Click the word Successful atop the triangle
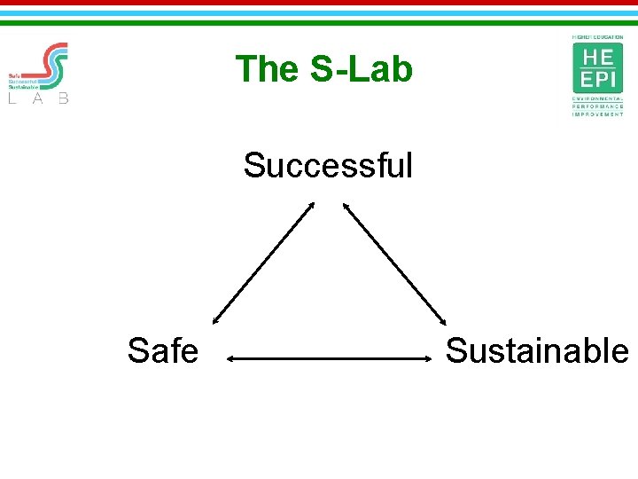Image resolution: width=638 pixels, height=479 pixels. (328, 165)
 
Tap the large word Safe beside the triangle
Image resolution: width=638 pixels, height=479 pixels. (162, 351)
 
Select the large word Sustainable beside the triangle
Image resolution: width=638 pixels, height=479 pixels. (537, 351)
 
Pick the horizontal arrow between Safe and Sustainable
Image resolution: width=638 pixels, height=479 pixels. (328, 358)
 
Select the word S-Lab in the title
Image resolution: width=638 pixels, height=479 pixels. (362, 69)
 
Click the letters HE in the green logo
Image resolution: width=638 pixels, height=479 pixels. (597, 56)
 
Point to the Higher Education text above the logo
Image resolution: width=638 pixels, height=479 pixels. (597, 37)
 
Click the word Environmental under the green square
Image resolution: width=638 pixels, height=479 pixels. (597, 100)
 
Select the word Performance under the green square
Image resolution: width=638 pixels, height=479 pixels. (597, 107)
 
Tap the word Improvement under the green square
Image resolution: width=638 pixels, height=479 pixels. (597, 114)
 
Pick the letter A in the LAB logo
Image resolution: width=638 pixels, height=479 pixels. (38, 98)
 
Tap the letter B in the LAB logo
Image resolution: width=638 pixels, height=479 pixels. (63, 98)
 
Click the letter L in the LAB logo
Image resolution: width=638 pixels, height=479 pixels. (12, 98)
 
